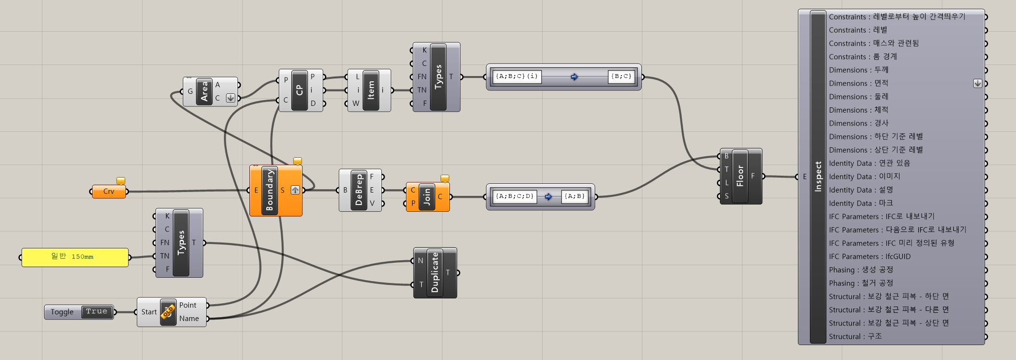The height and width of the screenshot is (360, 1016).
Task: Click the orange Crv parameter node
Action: click(x=108, y=192)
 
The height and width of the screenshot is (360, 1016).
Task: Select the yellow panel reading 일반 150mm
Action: click(x=75, y=257)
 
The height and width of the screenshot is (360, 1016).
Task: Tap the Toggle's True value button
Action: click(x=97, y=312)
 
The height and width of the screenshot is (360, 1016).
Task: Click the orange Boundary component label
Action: click(x=269, y=190)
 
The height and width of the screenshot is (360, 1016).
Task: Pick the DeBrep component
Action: click(x=359, y=190)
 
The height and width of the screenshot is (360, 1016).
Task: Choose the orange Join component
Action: click(x=427, y=197)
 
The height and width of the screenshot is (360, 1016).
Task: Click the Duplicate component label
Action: click(x=435, y=273)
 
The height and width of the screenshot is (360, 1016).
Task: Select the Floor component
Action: click(x=740, y=176)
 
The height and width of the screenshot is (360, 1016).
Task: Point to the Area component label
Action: click(x=204, y=91)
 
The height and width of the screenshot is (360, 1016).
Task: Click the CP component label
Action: click(x=299, y=90)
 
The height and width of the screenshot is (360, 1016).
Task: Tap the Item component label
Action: click(x=371, y=90)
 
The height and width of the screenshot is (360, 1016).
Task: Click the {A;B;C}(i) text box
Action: click(x=517, y=77)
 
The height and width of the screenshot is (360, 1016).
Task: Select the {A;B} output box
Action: click(x=574, y=196)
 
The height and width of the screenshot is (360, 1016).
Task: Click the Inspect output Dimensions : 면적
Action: click(x=858, y=83)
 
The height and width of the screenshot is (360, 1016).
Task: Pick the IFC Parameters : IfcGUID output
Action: click(x=870, y=257)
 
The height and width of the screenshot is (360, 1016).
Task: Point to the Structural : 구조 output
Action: click(x=855, y=336)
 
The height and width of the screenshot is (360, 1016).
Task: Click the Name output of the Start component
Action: click(x=189, y=319)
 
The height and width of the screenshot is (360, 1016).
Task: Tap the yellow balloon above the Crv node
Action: click(x=121, y=181)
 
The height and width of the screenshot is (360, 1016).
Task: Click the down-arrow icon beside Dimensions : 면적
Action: click(x=977, y=83)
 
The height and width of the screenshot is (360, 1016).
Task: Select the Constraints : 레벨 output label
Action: click(x=858, y=30)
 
